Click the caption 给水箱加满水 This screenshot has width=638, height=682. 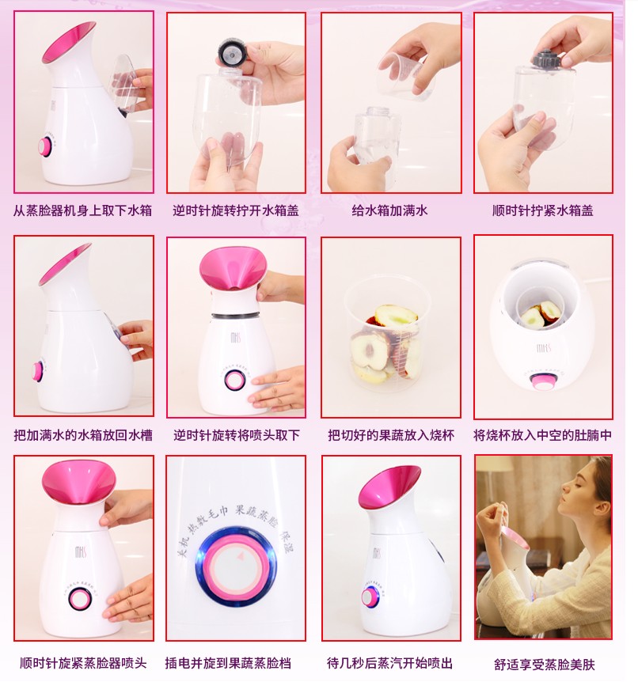pos(389,210)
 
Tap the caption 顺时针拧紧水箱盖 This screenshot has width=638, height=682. pos(543,210)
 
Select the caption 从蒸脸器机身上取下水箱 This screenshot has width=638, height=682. pos(82,210)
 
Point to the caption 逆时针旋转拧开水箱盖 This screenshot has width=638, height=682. pos(236,210)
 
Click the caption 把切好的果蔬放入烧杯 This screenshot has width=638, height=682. pos(391,435)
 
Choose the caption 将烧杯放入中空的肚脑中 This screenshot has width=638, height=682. pos(543,435)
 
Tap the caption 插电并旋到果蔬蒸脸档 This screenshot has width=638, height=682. pos(228,663)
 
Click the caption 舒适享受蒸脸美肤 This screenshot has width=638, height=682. pos(544,664)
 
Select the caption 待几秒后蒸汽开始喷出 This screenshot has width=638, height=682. pos(390,663)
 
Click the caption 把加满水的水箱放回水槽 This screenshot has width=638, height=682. pos(83,435)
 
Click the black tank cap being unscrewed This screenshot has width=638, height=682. pos(233,53)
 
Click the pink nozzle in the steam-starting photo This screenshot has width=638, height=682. pos(389,487)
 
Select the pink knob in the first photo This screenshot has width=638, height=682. pos(45,147)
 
